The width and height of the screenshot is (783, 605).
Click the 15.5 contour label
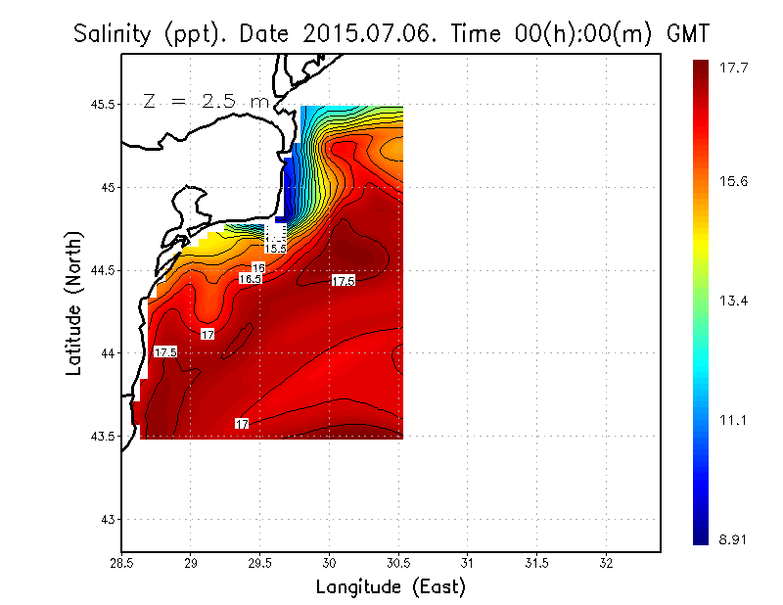coord(276,250)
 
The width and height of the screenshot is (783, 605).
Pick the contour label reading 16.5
coord(251,279)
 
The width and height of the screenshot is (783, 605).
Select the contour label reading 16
coord(258,267)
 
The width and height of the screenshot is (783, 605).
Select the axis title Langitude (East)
coord(390,587)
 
